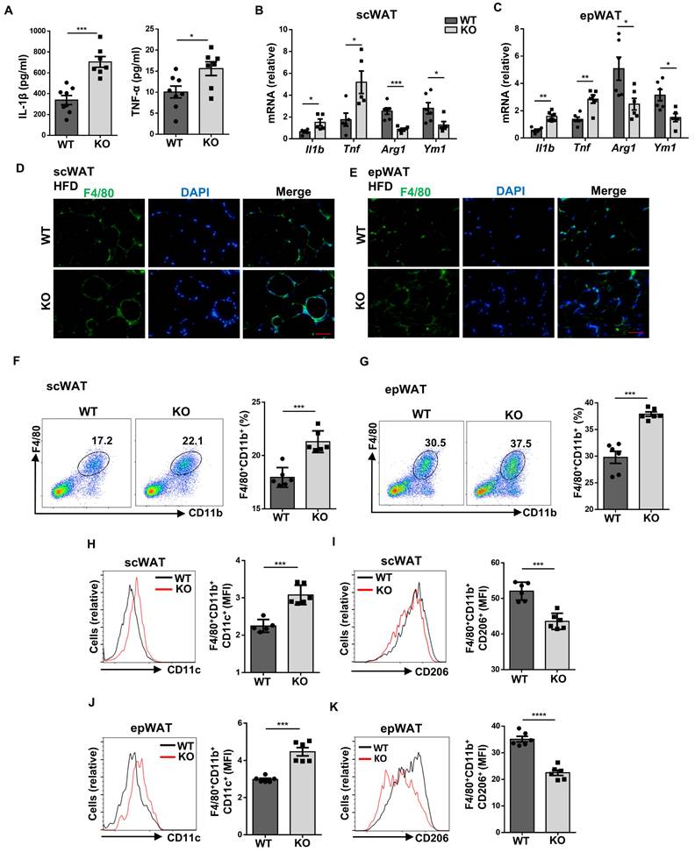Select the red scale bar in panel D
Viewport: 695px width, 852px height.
321,333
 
